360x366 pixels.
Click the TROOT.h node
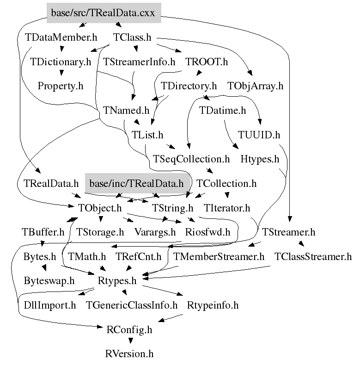coord(207,62)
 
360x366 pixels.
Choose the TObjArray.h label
coord(255,86)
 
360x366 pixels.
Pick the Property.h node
coord(60,86)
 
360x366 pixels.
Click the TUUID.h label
coord(259,135)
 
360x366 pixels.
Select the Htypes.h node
coord(260,160)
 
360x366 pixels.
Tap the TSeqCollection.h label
coord(191,160)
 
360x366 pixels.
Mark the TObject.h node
coord(100,208)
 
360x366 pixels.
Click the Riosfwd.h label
coord(207,232)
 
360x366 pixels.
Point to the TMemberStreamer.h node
coord(219,256)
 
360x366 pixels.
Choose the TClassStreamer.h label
coord(313,256)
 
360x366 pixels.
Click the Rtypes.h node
coord(117,281)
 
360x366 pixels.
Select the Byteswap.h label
coord(49,281)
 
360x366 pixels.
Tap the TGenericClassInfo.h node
coord(132,305)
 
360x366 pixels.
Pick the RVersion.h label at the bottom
coord(129,354)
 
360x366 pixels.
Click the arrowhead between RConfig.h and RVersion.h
coord(130,341)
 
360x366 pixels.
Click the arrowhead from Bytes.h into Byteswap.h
coord(43,268)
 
